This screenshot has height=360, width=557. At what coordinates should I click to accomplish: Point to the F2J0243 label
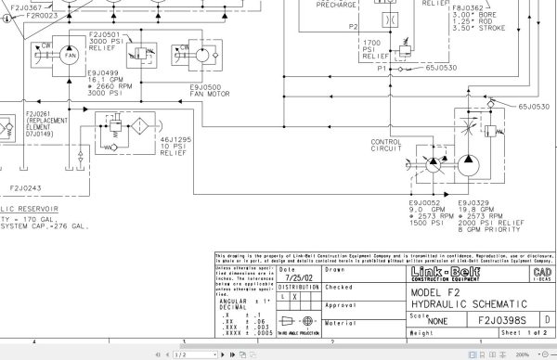pyautogui.click(x=25, y=187)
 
